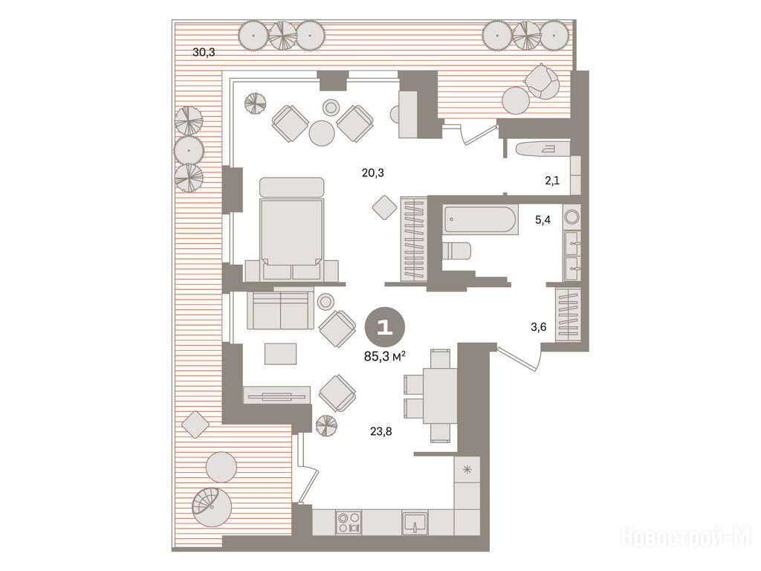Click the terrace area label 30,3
click(204, 52)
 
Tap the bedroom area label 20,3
click(373, 172)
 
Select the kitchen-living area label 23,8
click(381, 431)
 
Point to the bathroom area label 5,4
click(543, 220)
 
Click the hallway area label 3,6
click(538, 327)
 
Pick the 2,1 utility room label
click(552, 181)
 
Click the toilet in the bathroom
click(456, 251)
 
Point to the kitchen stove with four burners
click(349, 523)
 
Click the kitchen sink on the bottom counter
click(415, 523)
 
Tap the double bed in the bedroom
click(291, 228)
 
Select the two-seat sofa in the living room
click(280, 310)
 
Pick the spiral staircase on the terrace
click(212, 507)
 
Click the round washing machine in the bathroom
click(571, 216)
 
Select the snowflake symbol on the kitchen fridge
click(467, 470)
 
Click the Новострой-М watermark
click(685, 538)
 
